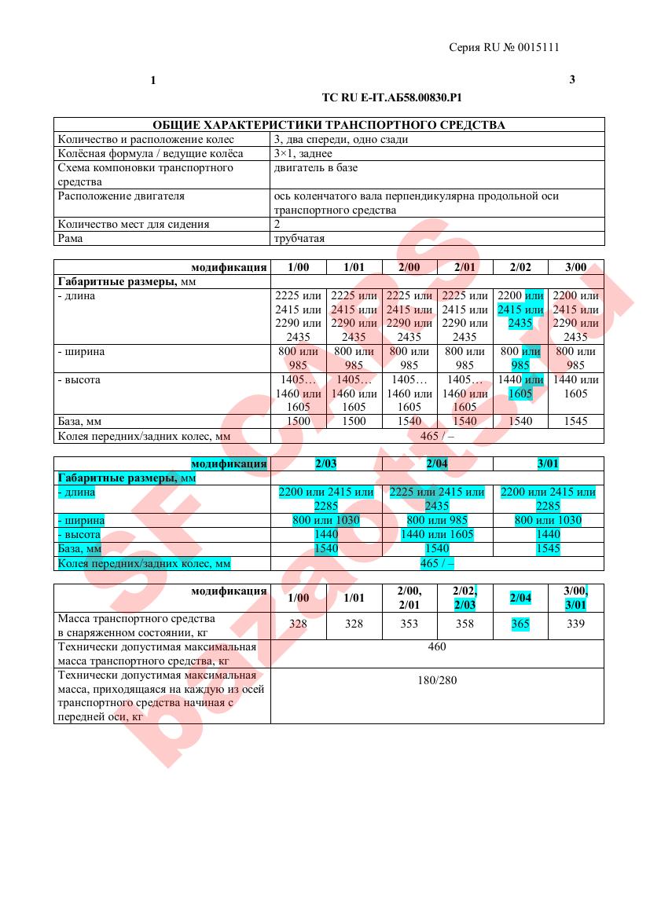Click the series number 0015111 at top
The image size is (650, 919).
coord(538,47)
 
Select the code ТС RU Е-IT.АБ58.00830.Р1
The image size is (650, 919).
coord(391,98)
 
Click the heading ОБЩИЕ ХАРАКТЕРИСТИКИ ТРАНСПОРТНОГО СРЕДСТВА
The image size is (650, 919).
coord(329,125)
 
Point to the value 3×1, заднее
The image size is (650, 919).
coord(303,154)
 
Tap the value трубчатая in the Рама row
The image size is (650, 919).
coord(299,239)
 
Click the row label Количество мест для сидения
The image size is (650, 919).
coord(134,225)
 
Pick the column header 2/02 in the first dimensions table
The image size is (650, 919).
coord(520,267)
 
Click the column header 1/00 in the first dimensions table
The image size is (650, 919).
coord(299,267)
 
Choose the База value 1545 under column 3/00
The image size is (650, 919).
coord(576,422)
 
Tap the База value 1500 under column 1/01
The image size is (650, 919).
coord(354,422)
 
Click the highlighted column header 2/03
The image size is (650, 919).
coord(326,464)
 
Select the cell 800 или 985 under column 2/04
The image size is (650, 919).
coord(437,521)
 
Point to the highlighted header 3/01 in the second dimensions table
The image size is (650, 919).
coord(549,464)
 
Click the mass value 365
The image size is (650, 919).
coord(520,624)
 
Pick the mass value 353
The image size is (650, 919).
coord(409,624)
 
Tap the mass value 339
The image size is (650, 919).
coord(576,624)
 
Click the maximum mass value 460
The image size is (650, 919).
coord(437,647)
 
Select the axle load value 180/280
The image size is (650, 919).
coord(437,680)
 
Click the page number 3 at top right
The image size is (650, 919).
coord(572,80)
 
